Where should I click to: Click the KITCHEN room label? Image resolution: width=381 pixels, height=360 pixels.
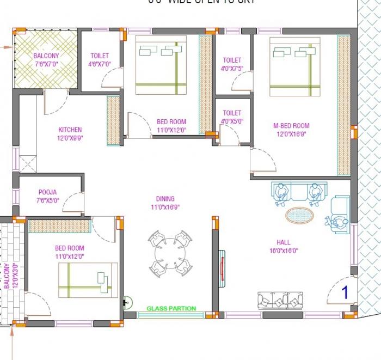70,130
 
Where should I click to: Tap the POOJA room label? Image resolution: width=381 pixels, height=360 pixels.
47,192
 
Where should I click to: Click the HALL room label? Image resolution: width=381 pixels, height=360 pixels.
283,242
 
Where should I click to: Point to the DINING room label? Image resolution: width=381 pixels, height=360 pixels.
165,199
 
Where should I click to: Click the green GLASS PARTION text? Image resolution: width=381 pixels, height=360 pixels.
171,308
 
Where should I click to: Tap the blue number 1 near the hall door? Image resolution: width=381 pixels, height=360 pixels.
344,292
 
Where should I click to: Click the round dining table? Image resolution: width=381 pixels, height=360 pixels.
170,252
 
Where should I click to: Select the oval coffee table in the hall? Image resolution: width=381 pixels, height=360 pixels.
300,214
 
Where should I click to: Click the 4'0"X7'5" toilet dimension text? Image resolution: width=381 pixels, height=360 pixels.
232,69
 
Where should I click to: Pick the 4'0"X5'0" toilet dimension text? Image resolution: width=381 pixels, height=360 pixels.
232,121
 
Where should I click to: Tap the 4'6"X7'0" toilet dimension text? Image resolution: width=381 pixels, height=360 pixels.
100,64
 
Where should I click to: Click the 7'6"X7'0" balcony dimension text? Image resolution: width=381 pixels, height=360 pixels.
46,64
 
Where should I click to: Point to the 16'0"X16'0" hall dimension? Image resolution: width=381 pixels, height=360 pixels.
283,251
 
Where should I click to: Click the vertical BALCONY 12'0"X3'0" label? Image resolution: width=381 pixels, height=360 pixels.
7,275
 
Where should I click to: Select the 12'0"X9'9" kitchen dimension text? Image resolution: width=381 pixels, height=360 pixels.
70,138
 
